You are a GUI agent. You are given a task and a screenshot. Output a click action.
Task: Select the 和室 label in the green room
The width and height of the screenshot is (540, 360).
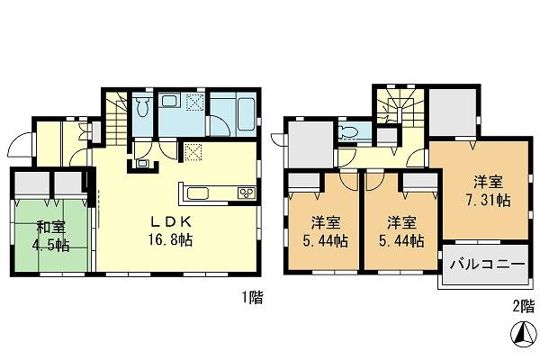pos(51,228)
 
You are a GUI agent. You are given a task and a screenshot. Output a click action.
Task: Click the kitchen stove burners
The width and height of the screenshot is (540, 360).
pos(245,193)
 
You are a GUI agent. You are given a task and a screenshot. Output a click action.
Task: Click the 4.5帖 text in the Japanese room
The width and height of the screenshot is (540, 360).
pos(51,245)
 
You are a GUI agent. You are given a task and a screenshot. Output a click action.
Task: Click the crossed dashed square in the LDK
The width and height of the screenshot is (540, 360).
pos(193,151)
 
